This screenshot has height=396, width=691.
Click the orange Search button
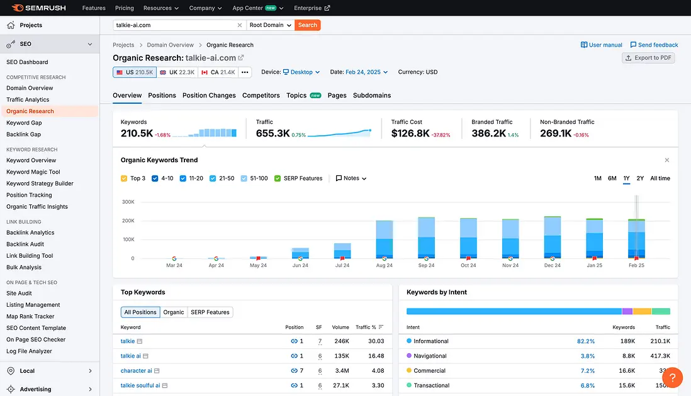[307, 25]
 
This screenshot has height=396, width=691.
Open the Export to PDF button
[648, 58]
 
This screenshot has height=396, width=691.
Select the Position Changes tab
[209, 96]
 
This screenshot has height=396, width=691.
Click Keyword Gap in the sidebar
[24, 123]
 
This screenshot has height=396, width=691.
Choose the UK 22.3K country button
[177, 72]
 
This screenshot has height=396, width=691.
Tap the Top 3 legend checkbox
[124, 179]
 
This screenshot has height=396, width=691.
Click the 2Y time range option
[640, 179]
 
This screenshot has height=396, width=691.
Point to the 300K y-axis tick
[128, 202]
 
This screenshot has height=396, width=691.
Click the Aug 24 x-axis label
[385, 265]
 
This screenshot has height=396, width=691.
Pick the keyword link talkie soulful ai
[140, 385]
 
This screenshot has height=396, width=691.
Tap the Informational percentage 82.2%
[585, 341]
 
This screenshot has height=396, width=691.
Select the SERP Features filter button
[210, 312]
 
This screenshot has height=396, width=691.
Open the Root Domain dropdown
[271, 25]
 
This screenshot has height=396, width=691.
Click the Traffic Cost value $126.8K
[410, 133]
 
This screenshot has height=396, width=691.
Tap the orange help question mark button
[672, 378]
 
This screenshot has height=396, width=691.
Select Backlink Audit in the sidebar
[25, 244]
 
